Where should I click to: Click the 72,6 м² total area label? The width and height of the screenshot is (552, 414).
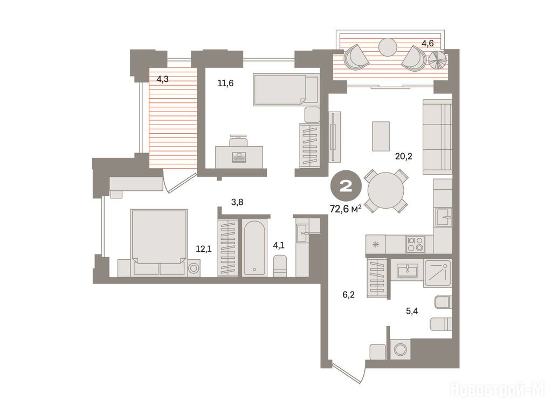pyautogui.click(x=346, y=209)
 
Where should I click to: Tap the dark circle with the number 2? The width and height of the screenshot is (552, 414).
pyautogui.click(x=346, y=186)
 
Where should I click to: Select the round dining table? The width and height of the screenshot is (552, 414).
pyautogui.click(x=386, y=190)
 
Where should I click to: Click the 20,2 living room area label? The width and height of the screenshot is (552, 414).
pyautogui.click(x=403, y=156)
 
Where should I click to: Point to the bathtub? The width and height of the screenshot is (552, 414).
pyautogui.click(x=254, y=248)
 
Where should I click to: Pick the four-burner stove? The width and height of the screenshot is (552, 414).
pyautogui.click(x=415, y=244)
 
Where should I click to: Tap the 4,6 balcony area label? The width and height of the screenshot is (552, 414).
pyautogui.click(x=427, y=43)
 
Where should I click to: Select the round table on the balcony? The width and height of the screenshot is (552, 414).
pyautogui.click(x=388, y=47)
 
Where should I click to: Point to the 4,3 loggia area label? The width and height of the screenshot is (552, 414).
pyautogui.click(x=163, y=79)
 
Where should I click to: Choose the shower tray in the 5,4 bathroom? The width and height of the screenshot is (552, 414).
pyautogui.click(x=438, y=273)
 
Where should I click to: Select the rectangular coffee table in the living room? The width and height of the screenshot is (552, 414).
pyautogui.click(x=381, y=136)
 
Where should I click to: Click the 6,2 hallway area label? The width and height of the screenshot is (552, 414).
pyautogui.click(x=349, y=295)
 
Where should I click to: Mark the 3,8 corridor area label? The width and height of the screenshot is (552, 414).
pyautogui.click(x=237, y=202)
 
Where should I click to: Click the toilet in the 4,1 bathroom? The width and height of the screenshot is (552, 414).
pyautogui.click(x=280, y=266)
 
